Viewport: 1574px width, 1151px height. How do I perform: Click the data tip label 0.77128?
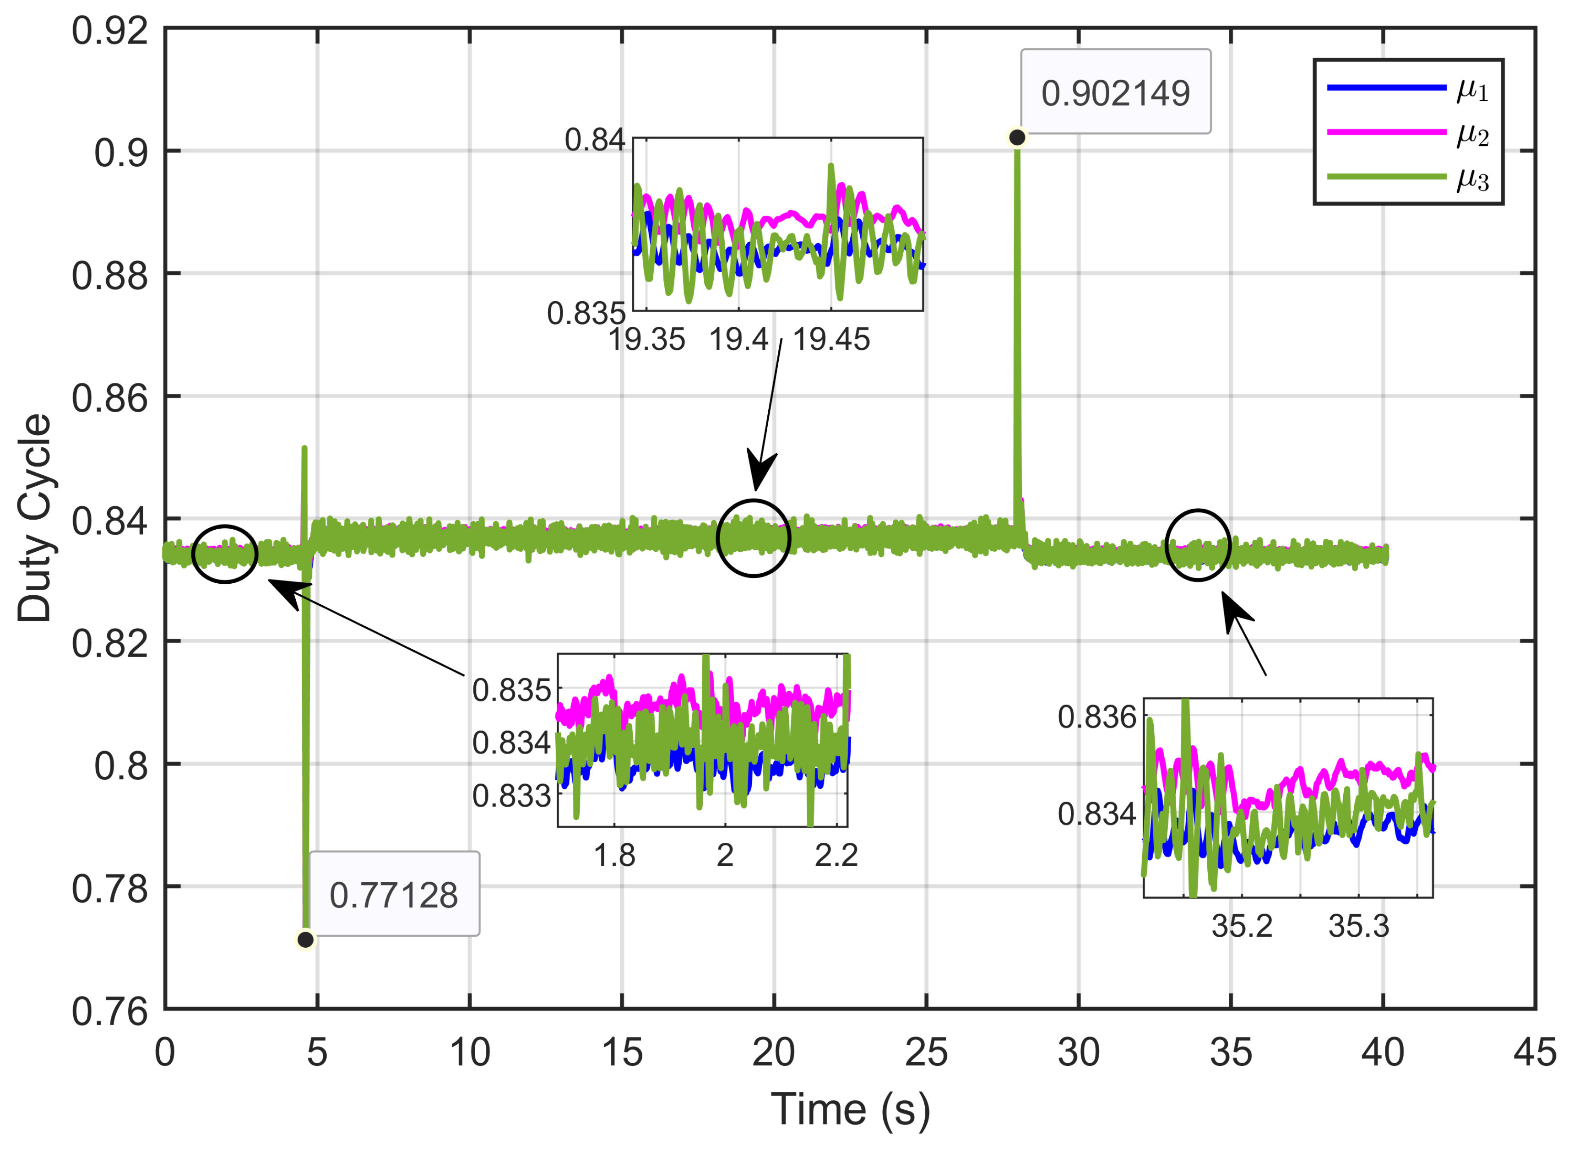point(394,895)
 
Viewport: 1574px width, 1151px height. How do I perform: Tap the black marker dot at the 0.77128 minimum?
point(305,939)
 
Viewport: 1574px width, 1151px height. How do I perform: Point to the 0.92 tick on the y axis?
point(110,31)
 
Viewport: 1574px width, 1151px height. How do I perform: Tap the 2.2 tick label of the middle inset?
point(836,855)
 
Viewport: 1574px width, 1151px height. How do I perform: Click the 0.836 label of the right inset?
point(1096,717)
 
